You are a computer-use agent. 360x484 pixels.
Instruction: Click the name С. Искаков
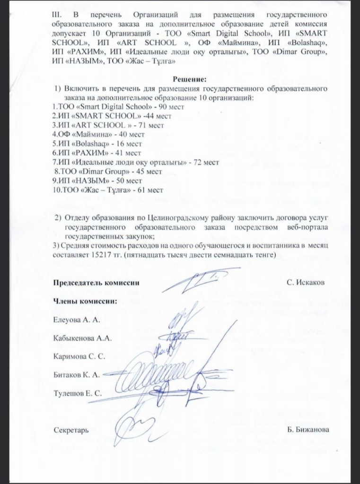click(306, 283)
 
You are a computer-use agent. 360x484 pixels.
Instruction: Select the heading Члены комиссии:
click(85, 301)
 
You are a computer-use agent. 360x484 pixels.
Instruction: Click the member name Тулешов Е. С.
click(78, 393)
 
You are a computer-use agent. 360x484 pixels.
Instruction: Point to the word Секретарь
click(71, 430)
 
